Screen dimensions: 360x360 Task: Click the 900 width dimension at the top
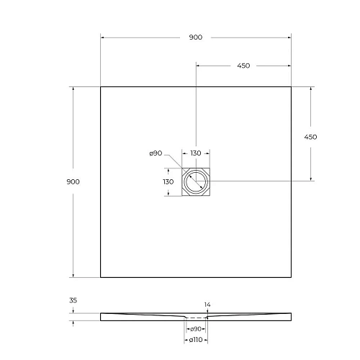coord(195,37)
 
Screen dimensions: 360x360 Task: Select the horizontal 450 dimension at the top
coord(243,66)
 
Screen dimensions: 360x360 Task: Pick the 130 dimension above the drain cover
coord(196,153)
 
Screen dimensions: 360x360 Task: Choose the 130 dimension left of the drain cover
coord(168,181)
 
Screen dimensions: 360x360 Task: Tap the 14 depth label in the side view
coord(207,305)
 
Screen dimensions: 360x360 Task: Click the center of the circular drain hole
coord(195,181)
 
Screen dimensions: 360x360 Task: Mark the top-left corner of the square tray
coord(100,87)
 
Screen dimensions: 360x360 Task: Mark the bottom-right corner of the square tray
coord(291,276)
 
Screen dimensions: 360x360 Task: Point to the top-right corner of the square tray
coord(291,87)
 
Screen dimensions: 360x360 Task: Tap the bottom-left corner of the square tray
coord(100,276)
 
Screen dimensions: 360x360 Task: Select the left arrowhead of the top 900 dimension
coord(102,37)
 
